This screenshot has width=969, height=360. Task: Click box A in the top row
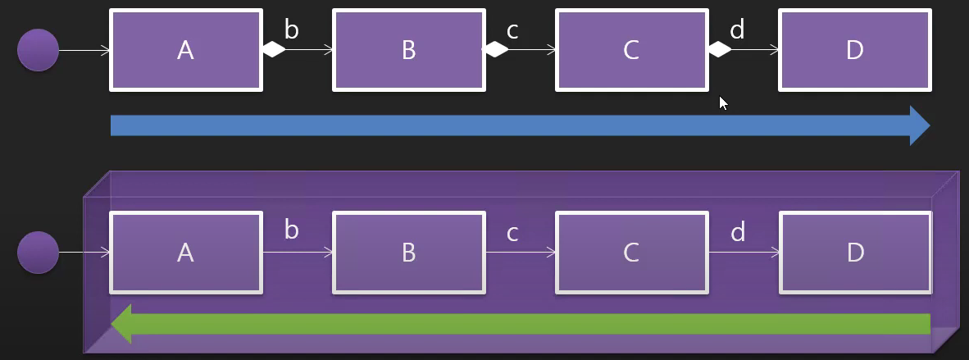[186, 50]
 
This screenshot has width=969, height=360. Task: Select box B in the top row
[408, 50]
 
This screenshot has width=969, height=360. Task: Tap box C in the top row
[631, 50]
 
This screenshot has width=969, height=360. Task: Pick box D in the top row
[854, 50]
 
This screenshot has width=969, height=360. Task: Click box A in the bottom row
[186, 253]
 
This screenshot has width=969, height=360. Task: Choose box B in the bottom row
[408, 253]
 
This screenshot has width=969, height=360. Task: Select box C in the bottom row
[631, 253]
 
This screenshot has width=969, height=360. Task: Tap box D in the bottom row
[854, 253]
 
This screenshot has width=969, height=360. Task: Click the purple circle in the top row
[38, 50]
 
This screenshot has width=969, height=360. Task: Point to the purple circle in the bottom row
[38, 253]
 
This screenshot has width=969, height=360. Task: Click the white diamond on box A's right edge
[274, 50]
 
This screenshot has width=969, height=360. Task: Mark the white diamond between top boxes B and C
[496, 50]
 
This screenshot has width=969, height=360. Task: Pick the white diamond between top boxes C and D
[719, 50]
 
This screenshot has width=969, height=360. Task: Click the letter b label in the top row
[291, 30]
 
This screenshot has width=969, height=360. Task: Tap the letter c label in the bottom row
[513, 234]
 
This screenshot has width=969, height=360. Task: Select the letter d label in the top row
[737, 30]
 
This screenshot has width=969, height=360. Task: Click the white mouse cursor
[722, 103]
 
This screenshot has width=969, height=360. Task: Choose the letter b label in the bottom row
[291, 231]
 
